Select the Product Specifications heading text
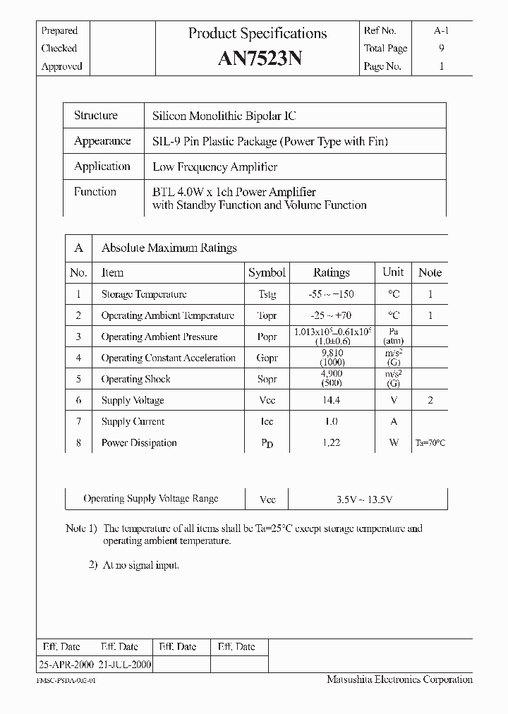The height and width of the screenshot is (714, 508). click(x=258, y=33)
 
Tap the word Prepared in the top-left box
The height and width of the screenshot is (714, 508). click(x=60, y=30)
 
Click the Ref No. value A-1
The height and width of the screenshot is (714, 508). click(x=441, y=30)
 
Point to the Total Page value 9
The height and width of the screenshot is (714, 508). click(x=442, y=49)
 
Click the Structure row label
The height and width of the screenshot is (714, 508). click(x=96, y=116)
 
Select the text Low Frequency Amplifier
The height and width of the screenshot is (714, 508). click(x=214, y=167)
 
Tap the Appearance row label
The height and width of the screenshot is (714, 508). click(x=102, y=141)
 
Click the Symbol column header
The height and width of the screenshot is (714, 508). click(x=267, y=272)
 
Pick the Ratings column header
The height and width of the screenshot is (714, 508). click(x=331, y=272)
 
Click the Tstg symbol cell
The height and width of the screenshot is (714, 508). click(x=267, y=294)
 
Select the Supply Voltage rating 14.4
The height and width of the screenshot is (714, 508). click(x=331, y=400)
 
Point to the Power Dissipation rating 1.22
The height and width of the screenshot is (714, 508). click(x=331, y=442)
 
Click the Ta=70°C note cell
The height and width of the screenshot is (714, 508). click(x=430, y=443)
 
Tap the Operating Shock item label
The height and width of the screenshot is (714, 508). click(x=135, y=379)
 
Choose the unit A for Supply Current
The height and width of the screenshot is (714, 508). click(x=393, y=421)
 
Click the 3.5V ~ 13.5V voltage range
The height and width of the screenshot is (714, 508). click(x=363, y=499)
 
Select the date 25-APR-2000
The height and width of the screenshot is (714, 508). click(x=65, y=665)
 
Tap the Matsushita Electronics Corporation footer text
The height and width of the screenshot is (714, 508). click(x=399, y=679)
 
